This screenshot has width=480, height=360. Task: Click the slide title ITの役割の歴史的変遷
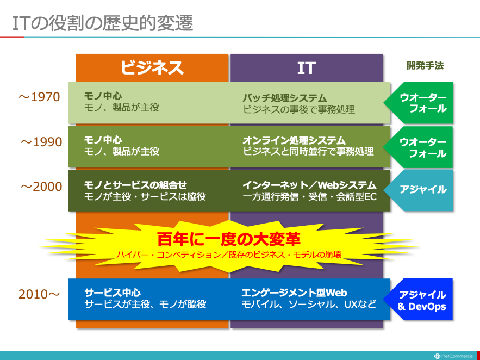[x=103, y=23]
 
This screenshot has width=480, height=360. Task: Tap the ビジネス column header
[x=152, y=67]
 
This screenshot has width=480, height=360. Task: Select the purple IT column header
[x=307, y=67]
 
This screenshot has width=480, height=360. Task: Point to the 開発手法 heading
[x=425, y=65]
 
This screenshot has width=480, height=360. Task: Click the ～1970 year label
[x=39, y=97]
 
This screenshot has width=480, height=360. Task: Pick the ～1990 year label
[x=41, y=142]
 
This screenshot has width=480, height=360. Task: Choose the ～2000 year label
[x=41, y=187]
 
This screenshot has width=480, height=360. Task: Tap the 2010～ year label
[x=39, y=294]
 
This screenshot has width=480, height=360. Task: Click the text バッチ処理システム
[x=285, y=98]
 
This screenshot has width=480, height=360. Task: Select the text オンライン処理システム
[x=294, y=140]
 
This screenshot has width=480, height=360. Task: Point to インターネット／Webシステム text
[x=309, y=185]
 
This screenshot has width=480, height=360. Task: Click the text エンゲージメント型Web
[x=294, y=293]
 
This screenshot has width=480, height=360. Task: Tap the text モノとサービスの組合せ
[x=135, y=185]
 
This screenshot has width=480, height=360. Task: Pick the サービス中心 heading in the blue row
[x=113, y=293]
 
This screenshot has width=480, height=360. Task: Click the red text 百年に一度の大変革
[x=229, y=239]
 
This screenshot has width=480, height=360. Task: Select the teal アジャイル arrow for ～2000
[x=418, y=190]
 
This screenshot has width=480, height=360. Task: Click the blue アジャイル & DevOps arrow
[x=418, y=299]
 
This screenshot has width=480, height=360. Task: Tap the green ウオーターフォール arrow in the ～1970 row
[x=418, y=103]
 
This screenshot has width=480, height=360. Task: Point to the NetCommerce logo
[x=454, y=356]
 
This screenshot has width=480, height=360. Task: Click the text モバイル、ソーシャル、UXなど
[x=309, y=305]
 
